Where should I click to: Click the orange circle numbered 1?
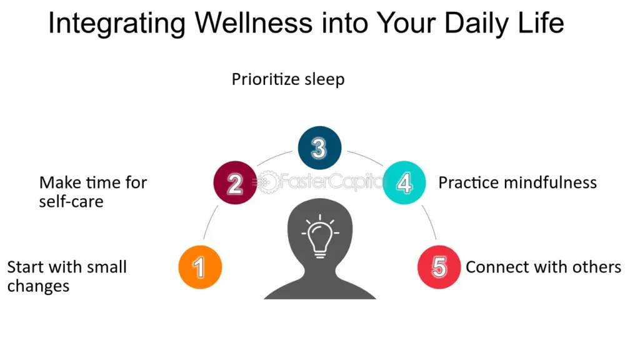tap(200, 267)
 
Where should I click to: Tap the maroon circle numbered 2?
tap(235, 182)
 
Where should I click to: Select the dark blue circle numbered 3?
tap(319, 147)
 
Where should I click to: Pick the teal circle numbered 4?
tap(404, 182)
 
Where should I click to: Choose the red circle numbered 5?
tap(439, 267)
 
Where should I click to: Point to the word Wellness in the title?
tap(254, 23)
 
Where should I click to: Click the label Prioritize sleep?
tap(288, 79)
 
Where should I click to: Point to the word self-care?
tap(71, 202)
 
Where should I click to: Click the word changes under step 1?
tap(38, 286)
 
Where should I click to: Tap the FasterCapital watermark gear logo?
tap(267, 182)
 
